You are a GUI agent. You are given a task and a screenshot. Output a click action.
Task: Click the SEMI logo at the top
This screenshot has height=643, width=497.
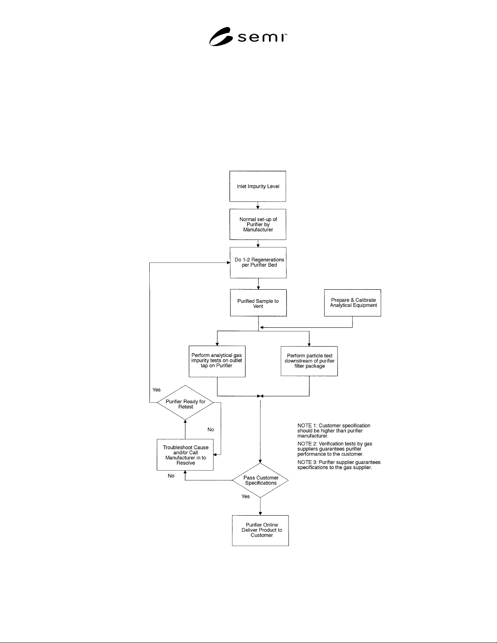tap(248, 37)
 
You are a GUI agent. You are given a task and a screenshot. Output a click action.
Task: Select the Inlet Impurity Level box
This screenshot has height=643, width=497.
tap(258, 186)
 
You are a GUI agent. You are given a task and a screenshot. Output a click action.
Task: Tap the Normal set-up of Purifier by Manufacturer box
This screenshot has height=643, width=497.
tap(258, 224)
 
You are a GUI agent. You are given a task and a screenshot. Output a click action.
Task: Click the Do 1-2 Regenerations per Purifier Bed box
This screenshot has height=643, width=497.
tap(258, 262)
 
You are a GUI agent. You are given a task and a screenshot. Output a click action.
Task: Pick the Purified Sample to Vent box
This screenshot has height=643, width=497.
tap(258, 303)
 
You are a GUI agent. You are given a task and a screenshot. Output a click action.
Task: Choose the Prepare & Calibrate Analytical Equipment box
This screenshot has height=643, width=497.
tap(352, 303)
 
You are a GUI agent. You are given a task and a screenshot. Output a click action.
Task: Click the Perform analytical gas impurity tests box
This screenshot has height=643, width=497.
tap(217, 361)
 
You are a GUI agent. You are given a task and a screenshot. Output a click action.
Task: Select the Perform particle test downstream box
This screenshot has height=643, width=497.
tap(309, 361)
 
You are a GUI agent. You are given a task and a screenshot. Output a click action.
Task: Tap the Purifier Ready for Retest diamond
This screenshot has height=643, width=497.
tap(185, 402)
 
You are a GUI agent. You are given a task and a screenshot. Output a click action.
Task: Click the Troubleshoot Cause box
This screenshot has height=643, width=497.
tap(185, 455)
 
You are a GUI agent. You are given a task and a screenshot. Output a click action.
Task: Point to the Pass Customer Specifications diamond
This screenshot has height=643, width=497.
tap(260, 480)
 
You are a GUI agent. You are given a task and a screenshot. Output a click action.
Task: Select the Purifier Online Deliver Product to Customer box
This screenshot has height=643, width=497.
tap(260, 531)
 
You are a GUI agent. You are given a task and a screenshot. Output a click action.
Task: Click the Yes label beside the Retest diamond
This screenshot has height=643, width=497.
tap(157, 390)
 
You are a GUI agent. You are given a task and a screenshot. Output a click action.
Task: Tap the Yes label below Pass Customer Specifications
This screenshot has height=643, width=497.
tap(245, 497)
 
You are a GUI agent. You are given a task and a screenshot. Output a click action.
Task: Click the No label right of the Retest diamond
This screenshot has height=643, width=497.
tap(211, 429)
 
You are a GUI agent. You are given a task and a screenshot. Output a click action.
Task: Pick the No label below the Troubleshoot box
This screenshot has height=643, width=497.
tap(171, 476)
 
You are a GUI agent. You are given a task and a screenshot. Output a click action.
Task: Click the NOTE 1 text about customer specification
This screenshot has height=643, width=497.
tap(333, 430)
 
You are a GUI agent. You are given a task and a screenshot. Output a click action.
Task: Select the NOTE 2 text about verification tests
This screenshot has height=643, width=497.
tap(335, 449)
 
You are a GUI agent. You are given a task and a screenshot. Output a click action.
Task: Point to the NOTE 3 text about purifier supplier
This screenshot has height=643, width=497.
tap(339, 465)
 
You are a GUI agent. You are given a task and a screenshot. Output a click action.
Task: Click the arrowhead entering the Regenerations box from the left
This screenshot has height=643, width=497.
tap(228, 262)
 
